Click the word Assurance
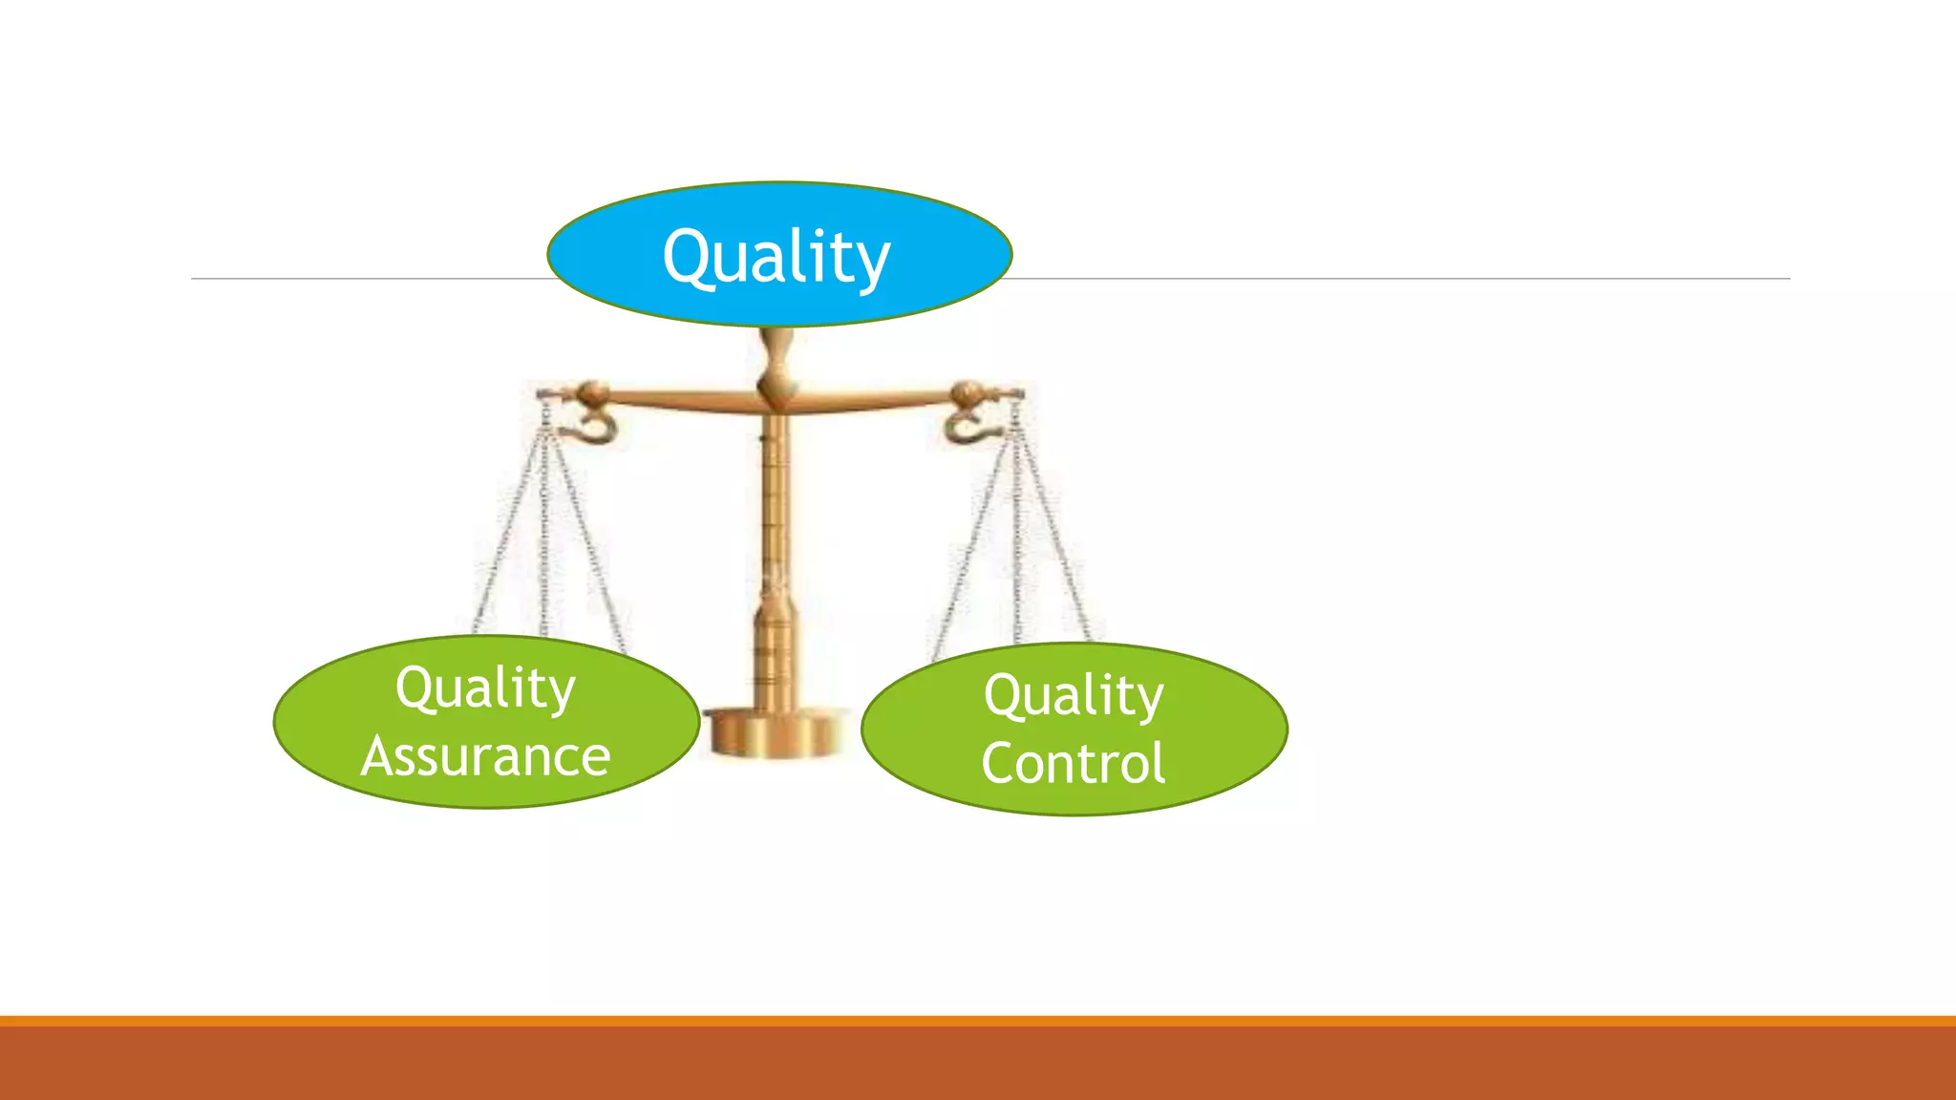(x=485, y=757)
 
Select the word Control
(x=1073, y=763)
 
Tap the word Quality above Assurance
(x=485, y=687)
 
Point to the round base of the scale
(x=776, y=733)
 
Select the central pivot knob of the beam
(x=776, y=386)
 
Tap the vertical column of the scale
(x=775, y=535)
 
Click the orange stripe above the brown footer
(x=978, y=1021)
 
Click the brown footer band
(x=978, y=1064)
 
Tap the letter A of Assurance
(x=380, y=757)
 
